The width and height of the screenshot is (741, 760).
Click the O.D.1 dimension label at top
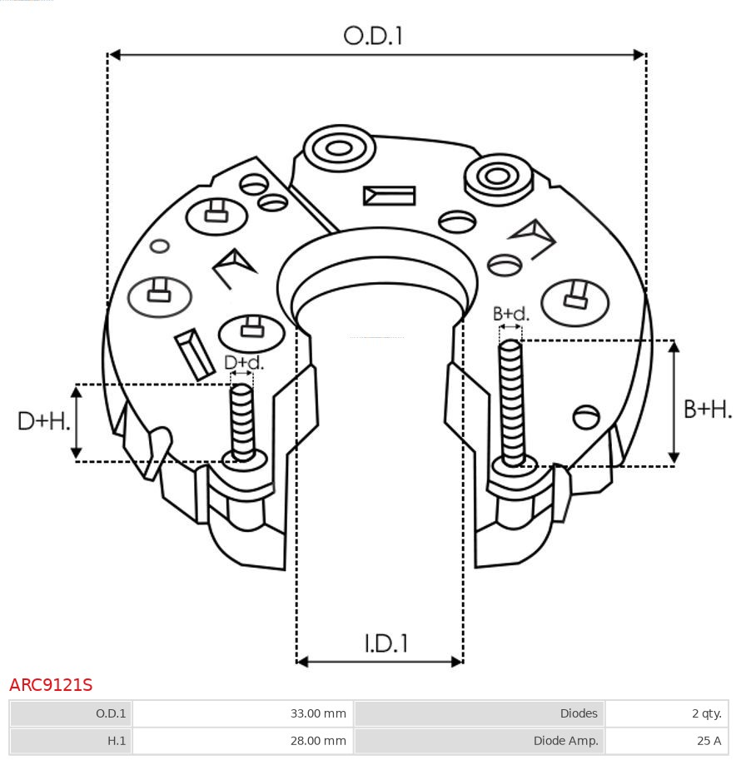click(x=373, y=36)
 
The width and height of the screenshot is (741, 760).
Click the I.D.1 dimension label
click(x=385, y=643)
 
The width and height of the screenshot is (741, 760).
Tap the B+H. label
click(x=707, y=409)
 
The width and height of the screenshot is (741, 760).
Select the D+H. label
click(x=43, y=421)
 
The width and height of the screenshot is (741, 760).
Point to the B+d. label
click(x=510, y=314)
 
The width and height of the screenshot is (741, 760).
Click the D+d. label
click(x=244, y=363)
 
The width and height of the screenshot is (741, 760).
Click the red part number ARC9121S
click(x=51, y=685)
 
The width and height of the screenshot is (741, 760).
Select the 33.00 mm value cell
click(x=243, y=713)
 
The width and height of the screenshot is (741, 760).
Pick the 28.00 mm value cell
click(x=243, y=740)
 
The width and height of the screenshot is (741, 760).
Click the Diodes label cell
click(x=480, y=713)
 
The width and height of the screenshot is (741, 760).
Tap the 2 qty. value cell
click(x=666, y=713)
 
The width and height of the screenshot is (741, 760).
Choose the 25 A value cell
click(x=666, y=740)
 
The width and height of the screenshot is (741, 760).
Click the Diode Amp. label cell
click(x=480, y=740)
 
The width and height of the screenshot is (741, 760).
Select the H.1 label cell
click(x=71, y=740)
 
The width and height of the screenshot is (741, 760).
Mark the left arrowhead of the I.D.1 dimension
click(x=302, y=662)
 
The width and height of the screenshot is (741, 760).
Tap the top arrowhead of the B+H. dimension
click(x=674, y=346)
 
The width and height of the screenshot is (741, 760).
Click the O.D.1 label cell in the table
click(x=71, y=713)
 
